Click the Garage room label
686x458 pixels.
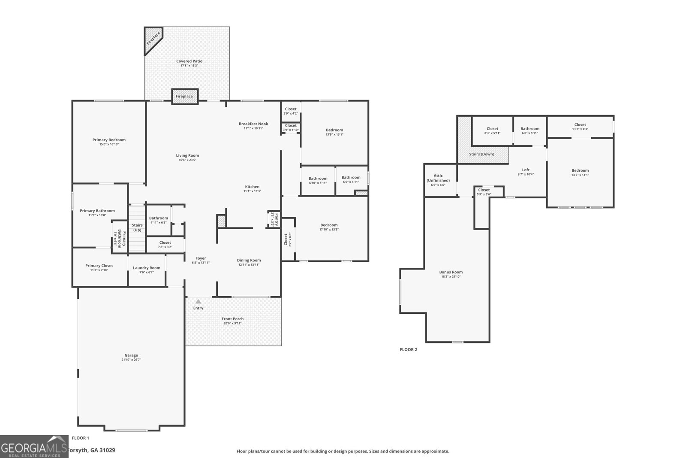coord(131,355)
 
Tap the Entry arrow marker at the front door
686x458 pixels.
coord(198,302)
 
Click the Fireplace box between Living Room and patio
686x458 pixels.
coord(185,97)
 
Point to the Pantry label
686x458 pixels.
coord(277,219)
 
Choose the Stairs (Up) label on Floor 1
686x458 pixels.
coord(137,227)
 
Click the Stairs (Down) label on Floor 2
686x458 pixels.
coord(481,154)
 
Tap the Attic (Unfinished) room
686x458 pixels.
coord(438,180)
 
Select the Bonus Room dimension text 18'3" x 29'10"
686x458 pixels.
coord(451,277)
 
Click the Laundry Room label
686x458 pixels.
coord(147,268)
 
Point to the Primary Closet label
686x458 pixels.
coord(99,266)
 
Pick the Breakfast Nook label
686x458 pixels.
coord(253,124)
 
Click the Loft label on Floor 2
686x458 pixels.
coord(526,170)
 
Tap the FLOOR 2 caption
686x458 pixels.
coord(408,350)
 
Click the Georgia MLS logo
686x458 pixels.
coord(34,447)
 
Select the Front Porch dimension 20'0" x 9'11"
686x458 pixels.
coord(232,323)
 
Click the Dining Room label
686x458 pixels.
coord(249,260)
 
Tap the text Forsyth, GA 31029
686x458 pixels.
coord(92,450)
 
